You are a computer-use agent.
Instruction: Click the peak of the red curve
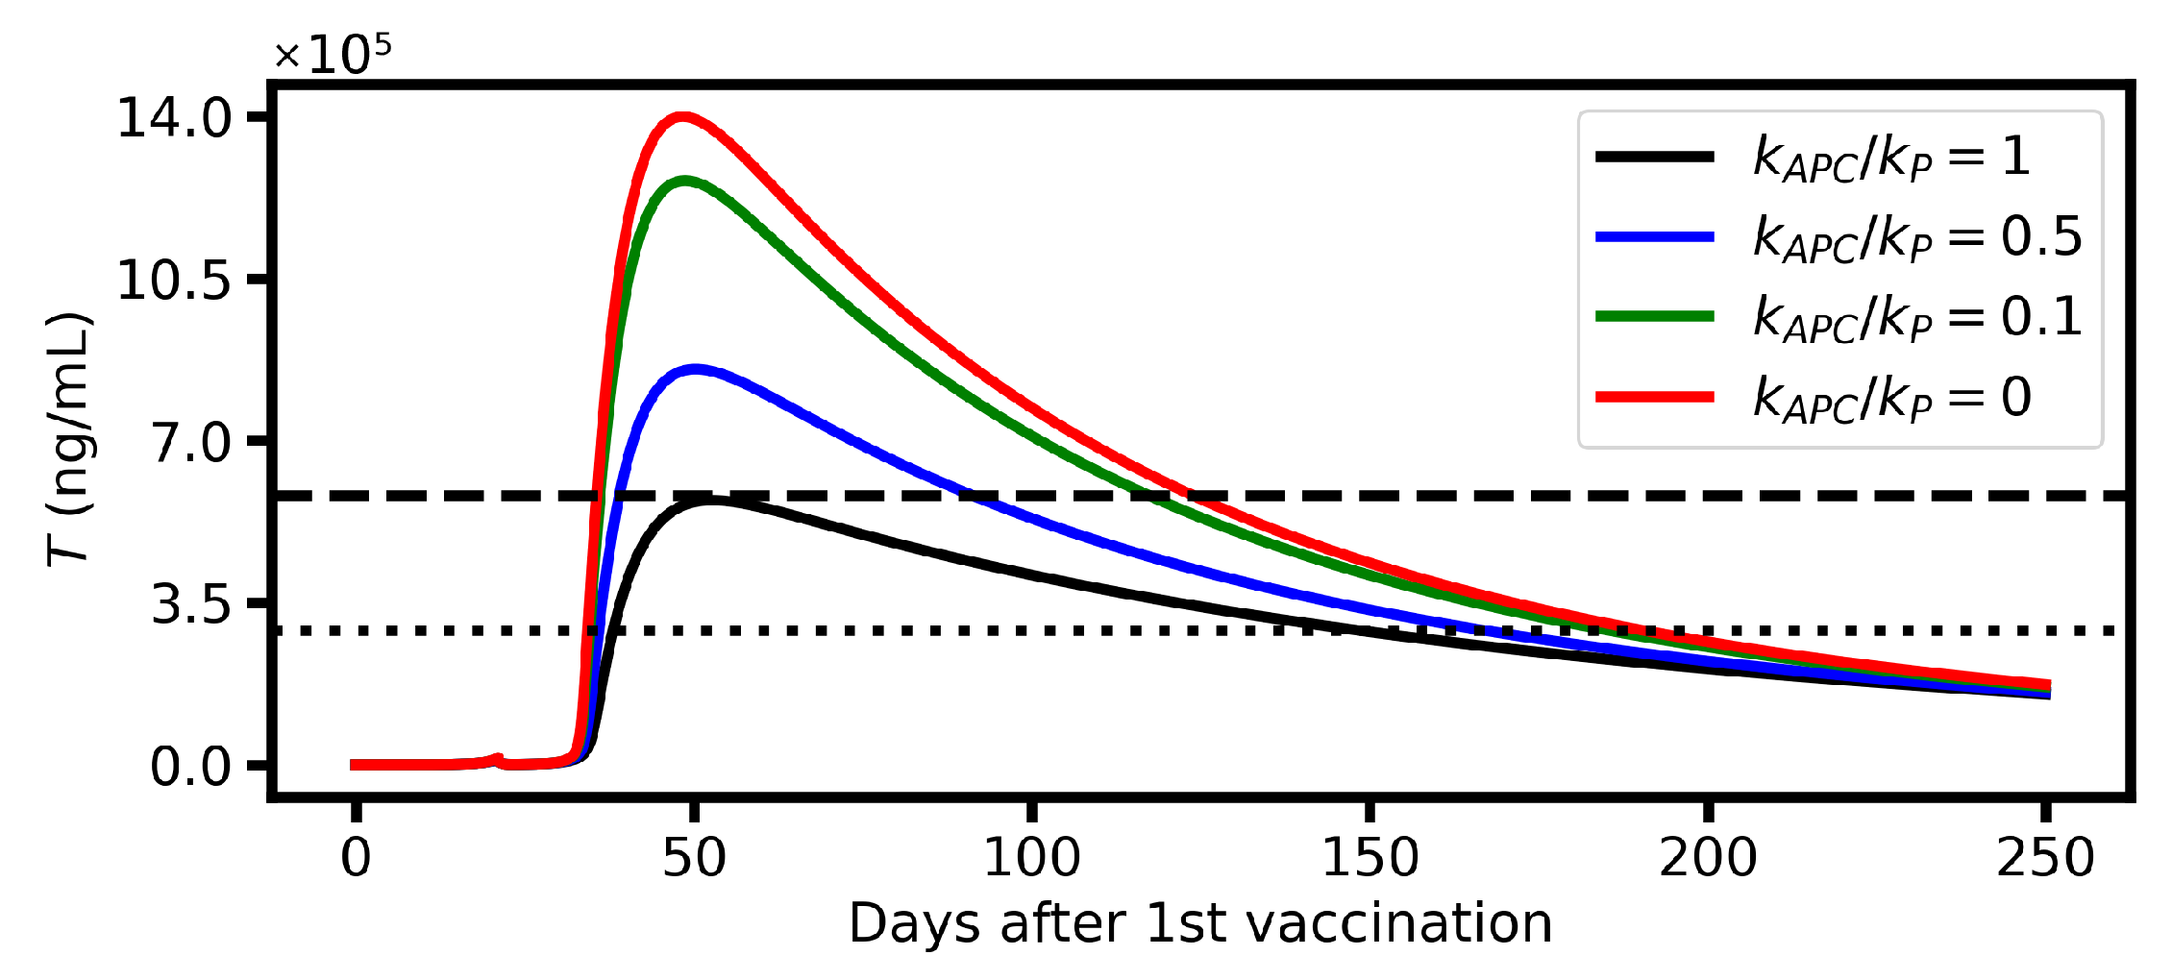coord(682,118)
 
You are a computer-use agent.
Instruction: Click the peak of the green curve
coord(685,181)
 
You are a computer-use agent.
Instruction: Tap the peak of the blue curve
coord(695,369)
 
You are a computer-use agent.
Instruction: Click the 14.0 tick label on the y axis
coord(174,119)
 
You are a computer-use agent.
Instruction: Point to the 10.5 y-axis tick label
coord(174,281)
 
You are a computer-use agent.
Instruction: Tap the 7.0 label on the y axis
coord(192,443)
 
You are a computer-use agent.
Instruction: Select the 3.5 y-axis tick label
coord(192,604)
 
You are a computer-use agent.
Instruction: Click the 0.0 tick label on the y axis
coord(191,767)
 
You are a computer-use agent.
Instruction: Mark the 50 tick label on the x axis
coord(694,857)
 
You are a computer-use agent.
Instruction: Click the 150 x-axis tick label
coord(1370,857)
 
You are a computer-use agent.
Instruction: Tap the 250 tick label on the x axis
coord(2045,857)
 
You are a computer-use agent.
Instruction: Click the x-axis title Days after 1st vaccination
coord(1200,924)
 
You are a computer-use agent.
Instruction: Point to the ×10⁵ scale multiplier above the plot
coord(333,54)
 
